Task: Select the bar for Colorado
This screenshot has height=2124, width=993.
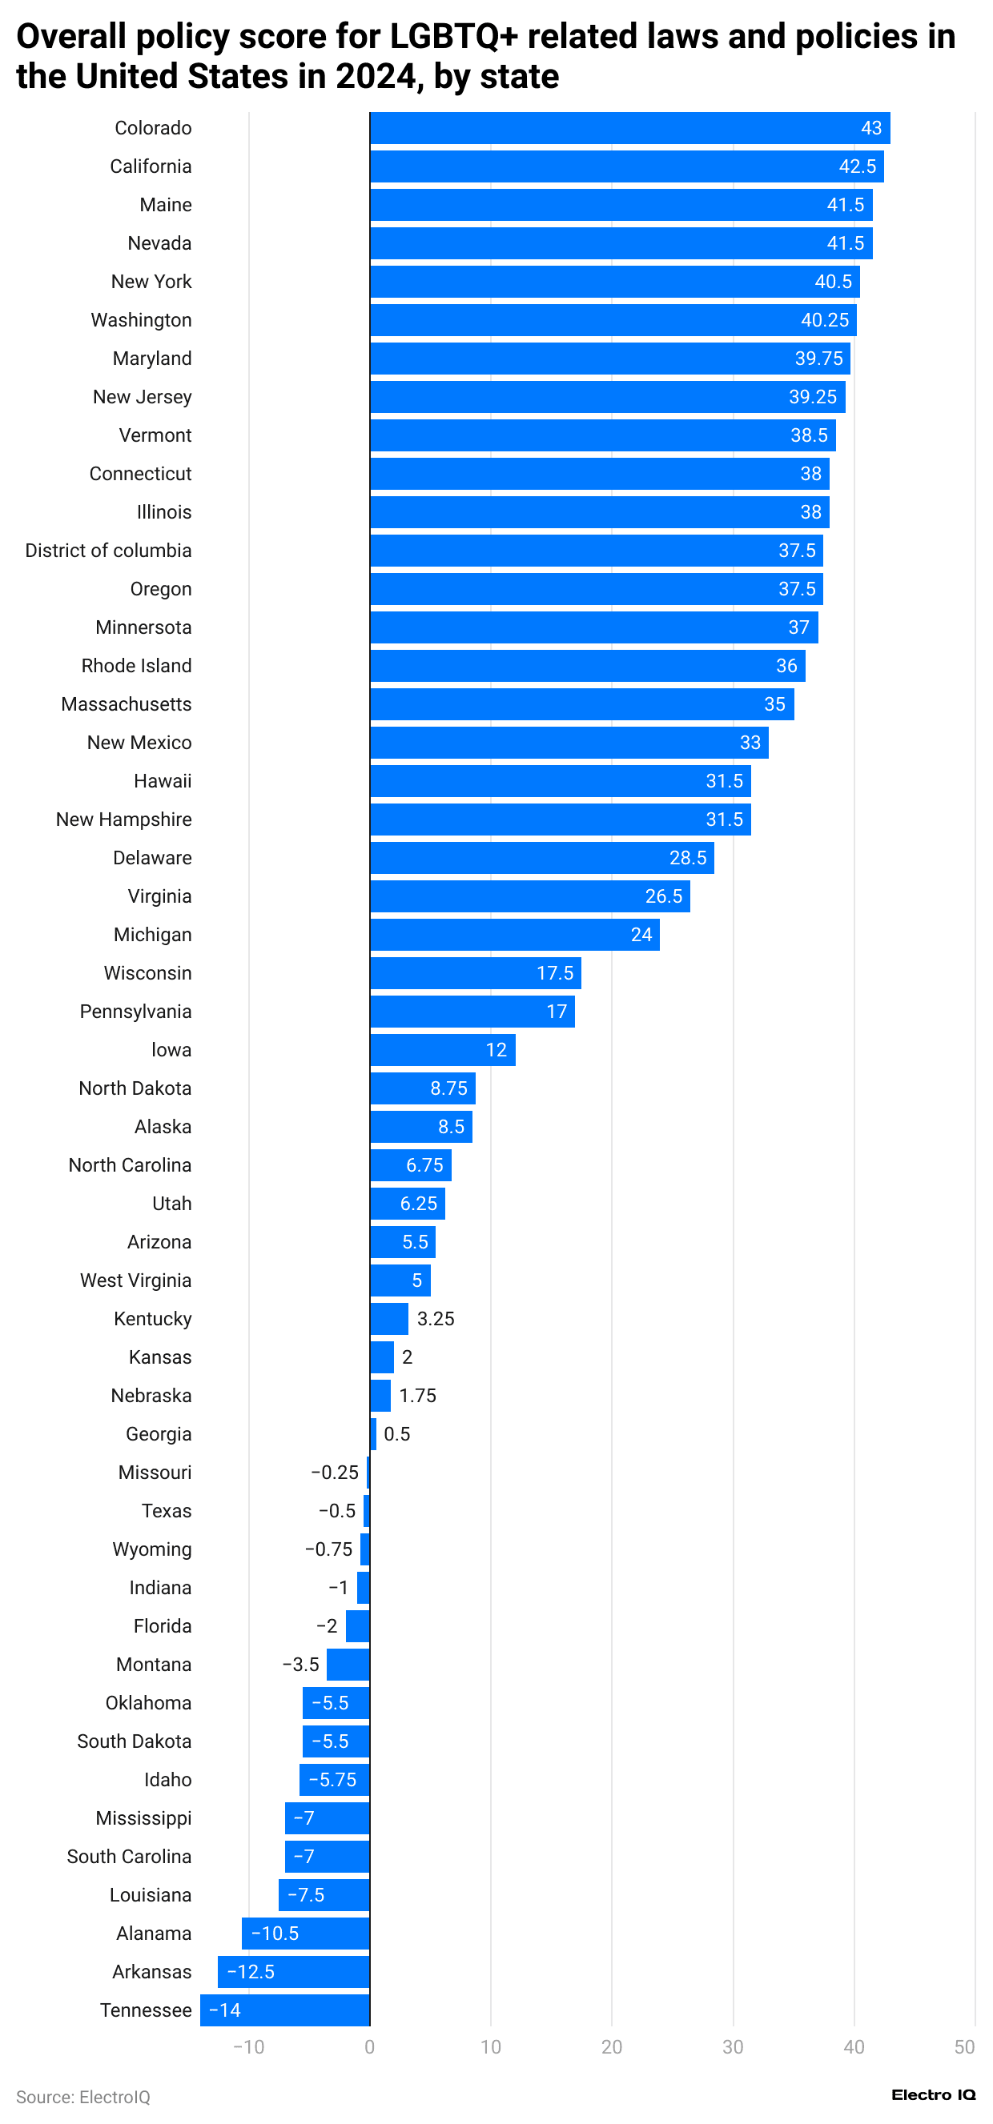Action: [629, 128]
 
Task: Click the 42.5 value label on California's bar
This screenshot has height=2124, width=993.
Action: [857, 166]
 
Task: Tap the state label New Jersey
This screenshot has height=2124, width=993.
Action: [142, 398]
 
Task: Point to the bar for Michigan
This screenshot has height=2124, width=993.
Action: [514, 935]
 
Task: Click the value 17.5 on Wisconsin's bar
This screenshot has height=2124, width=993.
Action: [554, 974]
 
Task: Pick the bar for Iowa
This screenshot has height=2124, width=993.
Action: [442, 1051]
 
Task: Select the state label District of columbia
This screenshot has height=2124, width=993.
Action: [108, 551]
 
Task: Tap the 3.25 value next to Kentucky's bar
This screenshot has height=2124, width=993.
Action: [436, 1319]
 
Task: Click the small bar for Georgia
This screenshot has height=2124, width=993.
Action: [373, 1435]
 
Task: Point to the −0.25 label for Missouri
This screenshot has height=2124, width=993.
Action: [334, 1473]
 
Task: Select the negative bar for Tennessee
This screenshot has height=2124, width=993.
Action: [284, 2011]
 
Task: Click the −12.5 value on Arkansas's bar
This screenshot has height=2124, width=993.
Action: [250, 1972]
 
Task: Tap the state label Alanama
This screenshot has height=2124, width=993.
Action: [154, 1934]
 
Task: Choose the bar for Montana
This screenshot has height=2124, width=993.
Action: [348, 1665]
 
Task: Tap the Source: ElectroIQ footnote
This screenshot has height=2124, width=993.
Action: [82, 2098]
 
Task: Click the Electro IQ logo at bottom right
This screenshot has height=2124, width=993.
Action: [933, 2095]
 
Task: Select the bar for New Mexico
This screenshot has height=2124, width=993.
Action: [569, 743]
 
